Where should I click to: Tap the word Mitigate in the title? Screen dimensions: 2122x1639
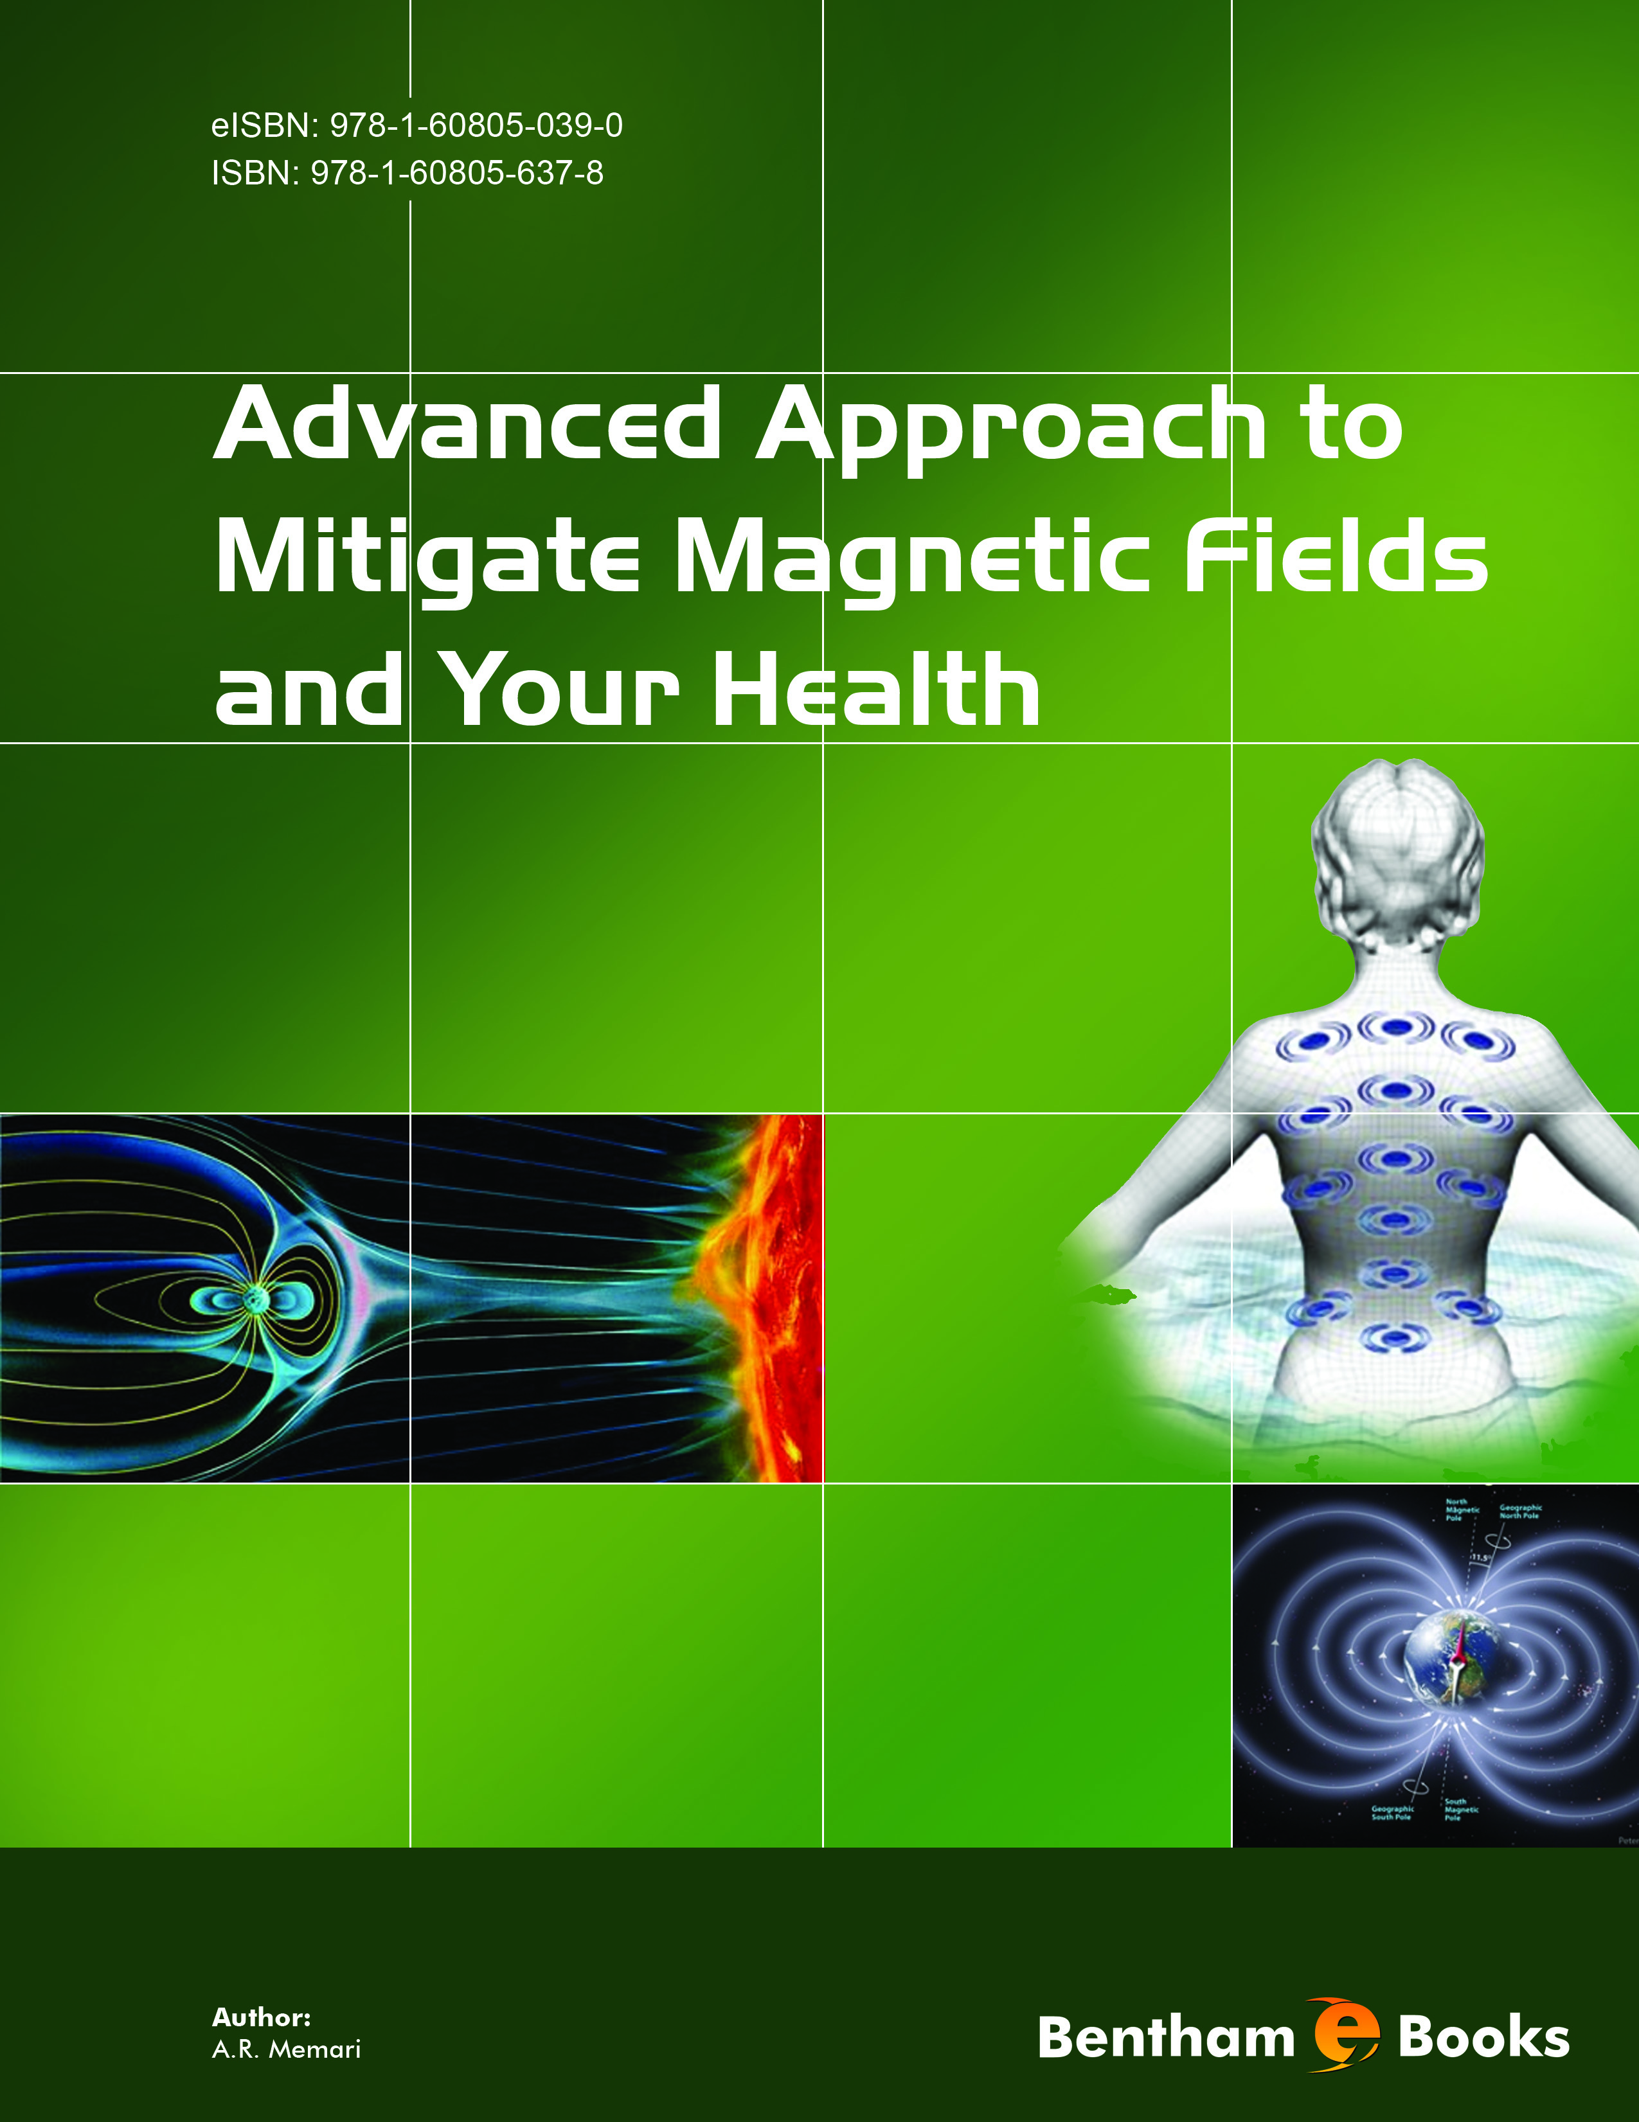tap(427, 558)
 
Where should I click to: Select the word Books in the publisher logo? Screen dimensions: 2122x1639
tap(1483, 2037)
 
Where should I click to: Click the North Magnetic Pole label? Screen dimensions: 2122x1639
tap(1462, 1510)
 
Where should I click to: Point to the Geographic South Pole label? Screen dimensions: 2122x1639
tap(1392, 1813)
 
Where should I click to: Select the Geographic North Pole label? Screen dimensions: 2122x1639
tap(1521, 1512)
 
